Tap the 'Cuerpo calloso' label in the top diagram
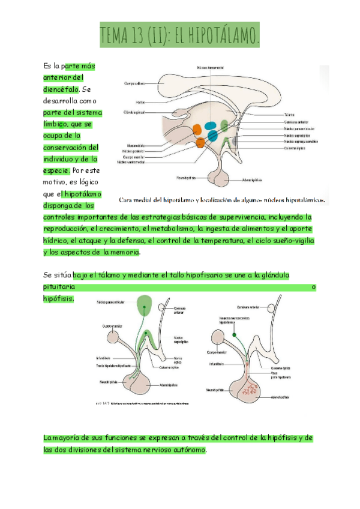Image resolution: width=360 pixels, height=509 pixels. [x=134, y=83]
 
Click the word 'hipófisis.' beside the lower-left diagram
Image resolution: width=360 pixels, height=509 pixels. [x=59, y=298]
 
